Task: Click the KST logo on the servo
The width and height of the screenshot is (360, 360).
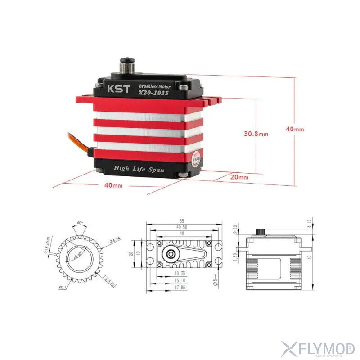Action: click(112, 89)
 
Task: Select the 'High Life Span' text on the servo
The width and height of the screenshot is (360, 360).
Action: click(139, 169)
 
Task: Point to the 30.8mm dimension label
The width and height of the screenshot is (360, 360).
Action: click(256, 134)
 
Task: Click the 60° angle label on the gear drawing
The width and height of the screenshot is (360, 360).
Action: click(80, 223)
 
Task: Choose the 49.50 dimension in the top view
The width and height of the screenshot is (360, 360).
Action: click(181, 227)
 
